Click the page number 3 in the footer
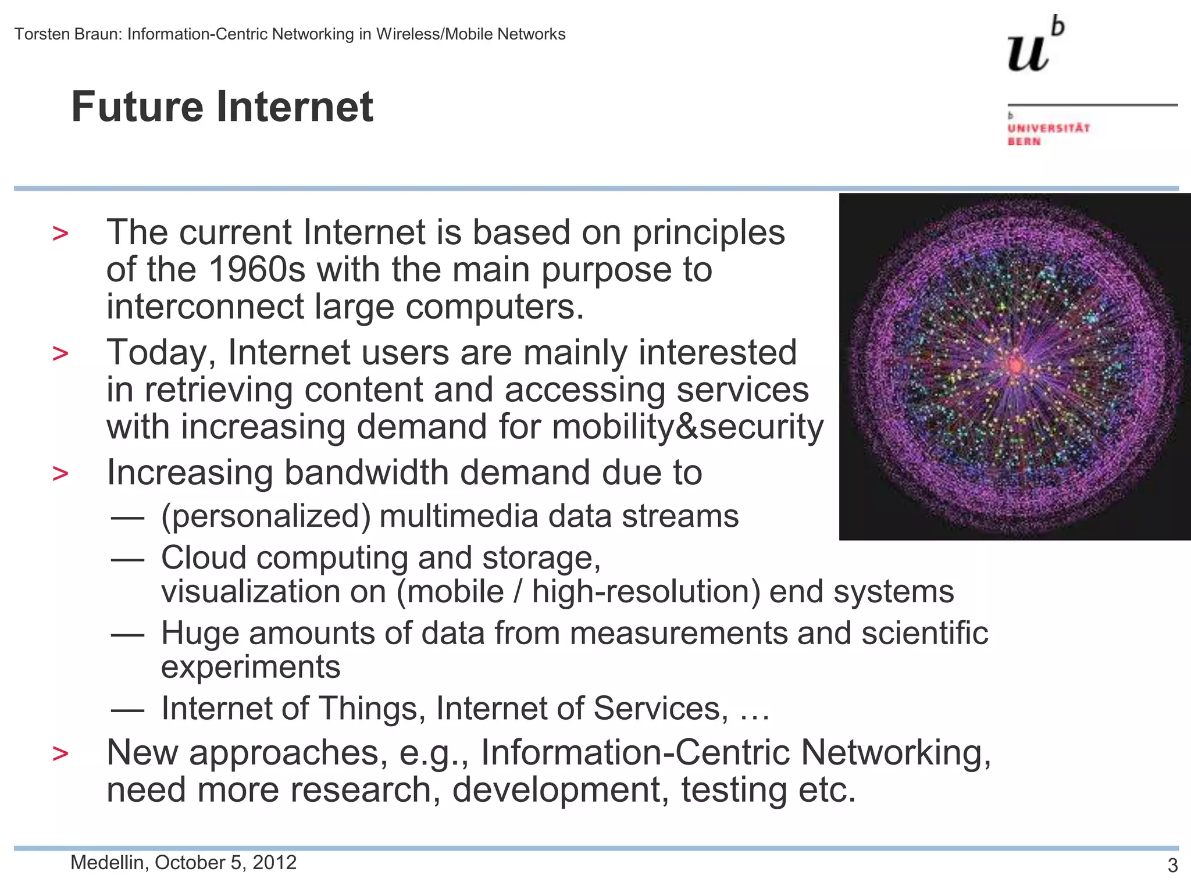pyautogui.click(x=1172, y=866)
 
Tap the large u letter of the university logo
pyautogui.click(x=1028, y=53)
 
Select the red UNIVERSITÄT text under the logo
pyautogui.click(x=1049, y=128)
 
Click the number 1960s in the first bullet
pyautogui.click(x=256, y=270)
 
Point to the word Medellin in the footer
pyautogui.click(x=107, y=863)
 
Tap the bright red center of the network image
pyautogui.click(x=1015, y=365)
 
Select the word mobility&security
pyautogui.click(x=687, y=427)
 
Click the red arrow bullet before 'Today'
pyautogui.click(x=60, y=353)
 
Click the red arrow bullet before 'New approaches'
pyautogui.click(x=60, y=754)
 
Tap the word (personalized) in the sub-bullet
pyautogui.click(x=266, y=516)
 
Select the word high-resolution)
pyautogui.click(x=646, y=592)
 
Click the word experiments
pyautogui.click(x=251, y=667)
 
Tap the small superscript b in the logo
pyautogui.click(x=1058, y=27)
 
